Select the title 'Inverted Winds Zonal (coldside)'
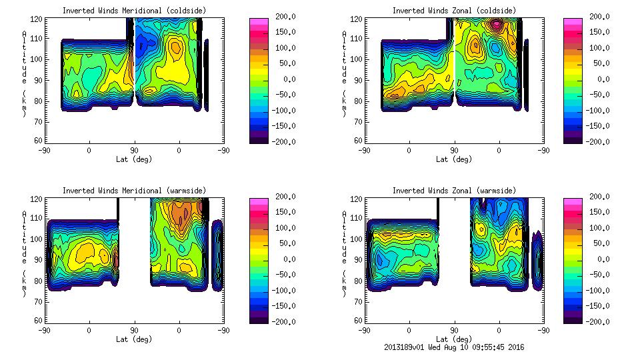453,11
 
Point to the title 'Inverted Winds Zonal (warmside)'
453,191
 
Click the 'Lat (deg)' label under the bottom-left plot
133,339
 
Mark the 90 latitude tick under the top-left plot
134,151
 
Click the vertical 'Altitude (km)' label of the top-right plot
344,73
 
